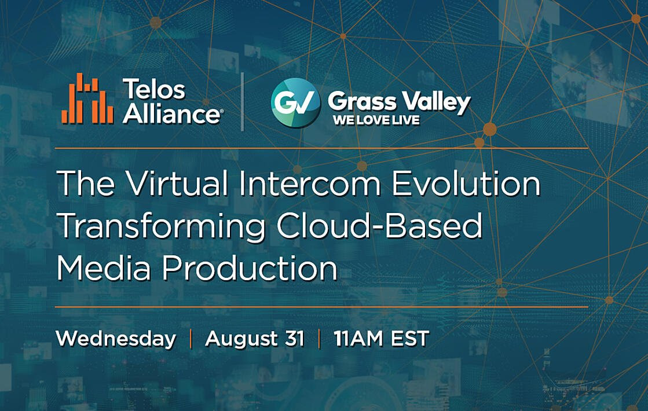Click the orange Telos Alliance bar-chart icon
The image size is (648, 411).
pyautogui.click(x=87, y=98)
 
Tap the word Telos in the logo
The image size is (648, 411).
pyautogui.click(x=153, y=89)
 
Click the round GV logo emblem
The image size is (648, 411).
pyautogui.click(x=295, y=103)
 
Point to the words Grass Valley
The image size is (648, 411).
pyautogui.click(x=399, y=102)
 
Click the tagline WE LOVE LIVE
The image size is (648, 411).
pyautogui.click(x=376, y=120)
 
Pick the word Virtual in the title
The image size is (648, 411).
pyautogui.click(x=177, y=183)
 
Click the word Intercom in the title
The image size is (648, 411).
pyautogui.click(x=310, y=183)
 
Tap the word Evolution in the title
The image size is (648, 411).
pyautogui.click(x=466, y=183)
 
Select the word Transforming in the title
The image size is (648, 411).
pyautogui.click(x=162, y=227)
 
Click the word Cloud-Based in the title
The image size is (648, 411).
pyautogui.click(x=380, y=226)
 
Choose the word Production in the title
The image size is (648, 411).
pyautogui.click(x=250, y=268)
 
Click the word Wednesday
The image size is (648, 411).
pyautogui.click(x=116, y=339)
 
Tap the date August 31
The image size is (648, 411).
pyautogui.click(x=255, y=339)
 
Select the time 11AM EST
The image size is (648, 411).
pyautogui.click(x=382, y=339)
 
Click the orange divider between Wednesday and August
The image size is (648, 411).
pyautogui.click(x=191, y=339)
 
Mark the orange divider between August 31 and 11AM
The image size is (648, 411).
pyautogui.click(x=320, y=339)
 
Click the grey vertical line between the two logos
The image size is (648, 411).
pyautogui.click(x=243, y=102)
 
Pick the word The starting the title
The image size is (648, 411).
pyautogui.click(x=86, y=183)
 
